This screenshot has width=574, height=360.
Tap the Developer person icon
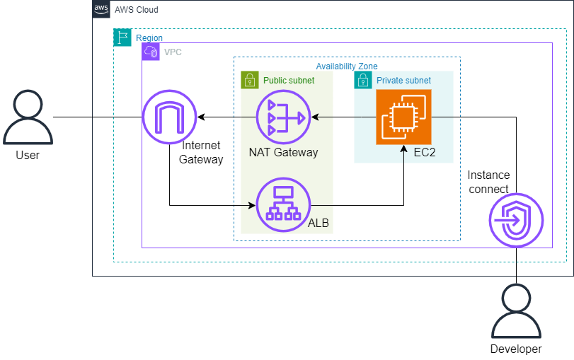point(516,313)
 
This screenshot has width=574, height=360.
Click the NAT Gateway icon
point(283,117)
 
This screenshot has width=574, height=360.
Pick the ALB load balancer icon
point(283,205)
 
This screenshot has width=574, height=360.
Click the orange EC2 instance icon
point(403,117)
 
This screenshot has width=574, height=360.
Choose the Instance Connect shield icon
point(516,222)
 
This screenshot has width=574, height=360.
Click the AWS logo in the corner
point(102,10)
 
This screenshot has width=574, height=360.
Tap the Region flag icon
point(122,38)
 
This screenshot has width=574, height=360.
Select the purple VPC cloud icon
point(151,52)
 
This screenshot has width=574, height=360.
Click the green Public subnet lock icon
point(250,80)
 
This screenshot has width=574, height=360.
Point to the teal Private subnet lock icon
point(363,80)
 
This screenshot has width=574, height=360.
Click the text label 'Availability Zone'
point(347,66)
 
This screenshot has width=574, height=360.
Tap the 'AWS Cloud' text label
point(137,11)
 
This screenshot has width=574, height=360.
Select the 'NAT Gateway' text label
point(283,152)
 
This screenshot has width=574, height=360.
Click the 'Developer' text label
point(516,349)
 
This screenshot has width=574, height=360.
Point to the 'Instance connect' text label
point(488,182)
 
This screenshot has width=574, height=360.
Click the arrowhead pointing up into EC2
point(403,150)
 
